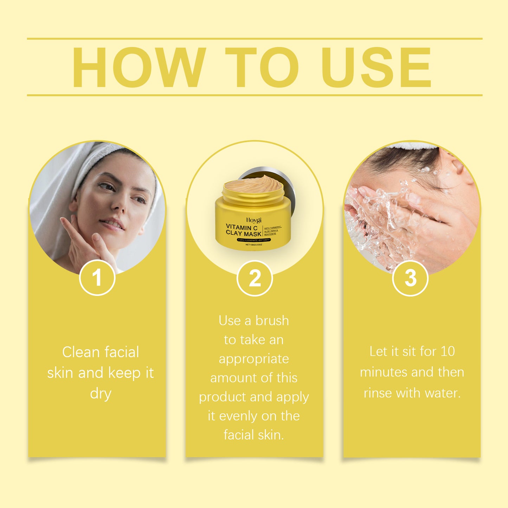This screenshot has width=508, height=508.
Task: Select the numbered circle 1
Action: click(x=97, y=278)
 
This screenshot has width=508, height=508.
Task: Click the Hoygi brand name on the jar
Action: click(x=253, y=220)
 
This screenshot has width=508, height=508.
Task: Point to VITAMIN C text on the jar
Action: click(x=242, y=227)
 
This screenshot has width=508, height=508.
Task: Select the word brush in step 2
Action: click(x=272, y=321)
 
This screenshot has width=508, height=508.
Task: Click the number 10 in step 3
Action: click(x=448, y=351)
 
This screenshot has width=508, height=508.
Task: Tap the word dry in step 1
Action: click(x=101, y=393)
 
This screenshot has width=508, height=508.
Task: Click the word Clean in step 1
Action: click(x=81, y=352)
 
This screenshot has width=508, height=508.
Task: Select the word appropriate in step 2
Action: click(x=254, y=359)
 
